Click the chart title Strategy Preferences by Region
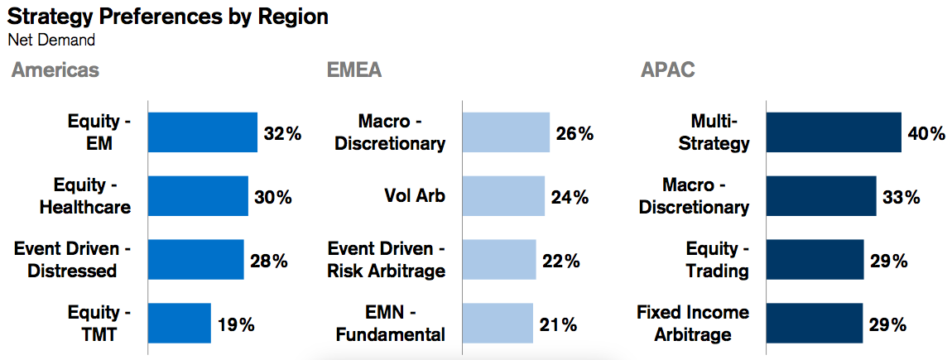(167, 17)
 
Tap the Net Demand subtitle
(51, 41)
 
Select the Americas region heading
(55, 70)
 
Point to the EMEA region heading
(354, 70)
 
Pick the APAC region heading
(668, 70)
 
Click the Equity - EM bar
(203, 132)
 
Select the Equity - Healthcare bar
(198, 195)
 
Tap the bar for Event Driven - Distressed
(195, 259)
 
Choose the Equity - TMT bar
(180, 323)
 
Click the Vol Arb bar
(504, 195)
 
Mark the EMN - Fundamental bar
(498, 323)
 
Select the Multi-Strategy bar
(834, 132)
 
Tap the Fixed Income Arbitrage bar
(815, 323)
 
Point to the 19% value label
(236, 324)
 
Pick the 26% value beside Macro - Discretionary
(575, 133)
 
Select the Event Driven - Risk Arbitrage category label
(387, 259)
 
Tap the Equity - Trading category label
(717, 259)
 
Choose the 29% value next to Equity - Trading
(889, 261)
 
